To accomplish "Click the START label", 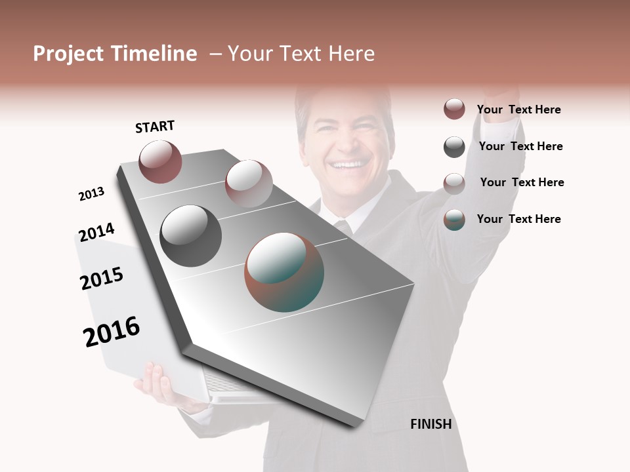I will click(x=155, y=127).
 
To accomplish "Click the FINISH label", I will click(x=431, y=424).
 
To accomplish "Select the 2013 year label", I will click(x=91, y=194).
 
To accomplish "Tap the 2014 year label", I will click(x=96, y=232).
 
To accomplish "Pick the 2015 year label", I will click(x=102, y=279).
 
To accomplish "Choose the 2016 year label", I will click(x=112, y=332).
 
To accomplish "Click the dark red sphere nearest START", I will click(x=160, y=161).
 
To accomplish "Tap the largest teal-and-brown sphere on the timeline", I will click(x=284, y=272).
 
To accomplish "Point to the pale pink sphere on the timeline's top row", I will click(x=249, y=183).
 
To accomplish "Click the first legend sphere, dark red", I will click(x=454, y=109).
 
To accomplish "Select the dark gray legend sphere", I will click(x=454, y=147).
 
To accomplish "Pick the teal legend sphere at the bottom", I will click(x=454, y=220).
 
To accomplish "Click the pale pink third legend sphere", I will click(x=454, y=183).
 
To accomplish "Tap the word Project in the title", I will click(x=68, y=54).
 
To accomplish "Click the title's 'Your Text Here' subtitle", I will click(x=301, y=54).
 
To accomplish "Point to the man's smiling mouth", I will click(x=348, y=165).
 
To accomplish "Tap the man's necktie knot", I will click(x=342, y=227).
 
